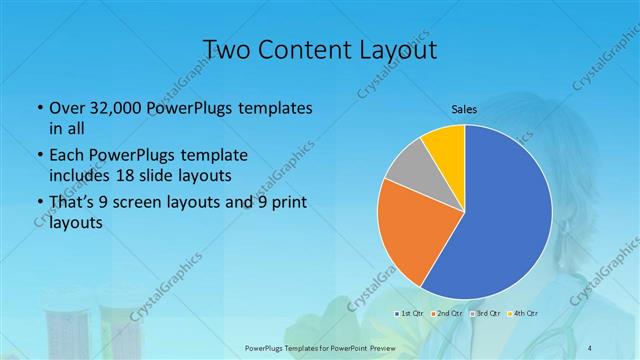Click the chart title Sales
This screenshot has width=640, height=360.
pyautogui.click(x=465, y=109)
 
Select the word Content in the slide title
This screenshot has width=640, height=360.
pyautogui.click(x=304, y=50)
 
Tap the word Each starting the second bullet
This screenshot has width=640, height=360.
pyautogui.click(x=65, y=156)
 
